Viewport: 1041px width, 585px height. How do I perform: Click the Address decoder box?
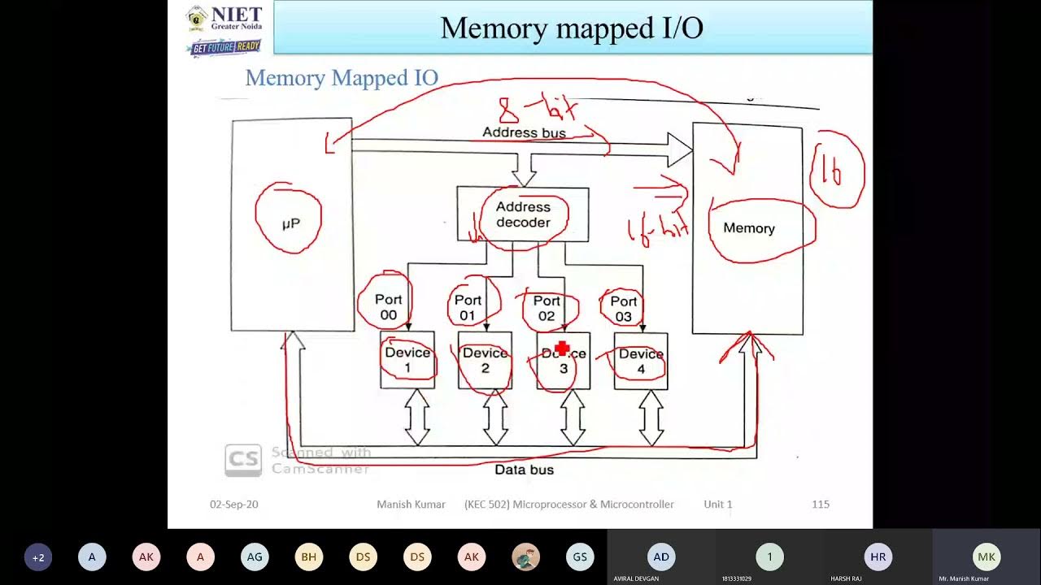click(x=523, y=214)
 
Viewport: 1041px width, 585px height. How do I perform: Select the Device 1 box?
click(x=407, y=360)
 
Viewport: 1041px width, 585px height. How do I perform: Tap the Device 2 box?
click(x=485, y=360)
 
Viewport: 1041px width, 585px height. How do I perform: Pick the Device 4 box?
click(x=641, y=361)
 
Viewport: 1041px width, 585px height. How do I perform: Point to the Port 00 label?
click(x=388, y=307)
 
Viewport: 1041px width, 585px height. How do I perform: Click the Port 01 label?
click(x=468, y=307)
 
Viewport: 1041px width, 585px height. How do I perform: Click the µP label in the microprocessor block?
click(x=290, y=223)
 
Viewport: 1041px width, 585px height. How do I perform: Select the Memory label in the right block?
click(x=748, y=228)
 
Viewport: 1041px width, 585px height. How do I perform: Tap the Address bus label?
click(x=524, y=132)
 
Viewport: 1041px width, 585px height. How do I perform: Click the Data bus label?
click(x=524, y=470)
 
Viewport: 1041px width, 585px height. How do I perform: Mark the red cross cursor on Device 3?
click(x=561, y=349)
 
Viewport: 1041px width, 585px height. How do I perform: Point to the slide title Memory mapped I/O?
click(x=572, y=28)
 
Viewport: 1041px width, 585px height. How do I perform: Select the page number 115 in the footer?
click(x=820, y=505)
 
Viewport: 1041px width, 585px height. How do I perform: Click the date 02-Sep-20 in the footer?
click(x=234, y=505)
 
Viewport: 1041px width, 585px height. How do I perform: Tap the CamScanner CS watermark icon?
click(x=242, y=460)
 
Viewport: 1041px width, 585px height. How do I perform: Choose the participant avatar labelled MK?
click(x=987, y=557)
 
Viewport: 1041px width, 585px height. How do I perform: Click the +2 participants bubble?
click(x=38, y=557)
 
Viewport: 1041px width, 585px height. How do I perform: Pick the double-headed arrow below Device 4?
click(x=651, y=417)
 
